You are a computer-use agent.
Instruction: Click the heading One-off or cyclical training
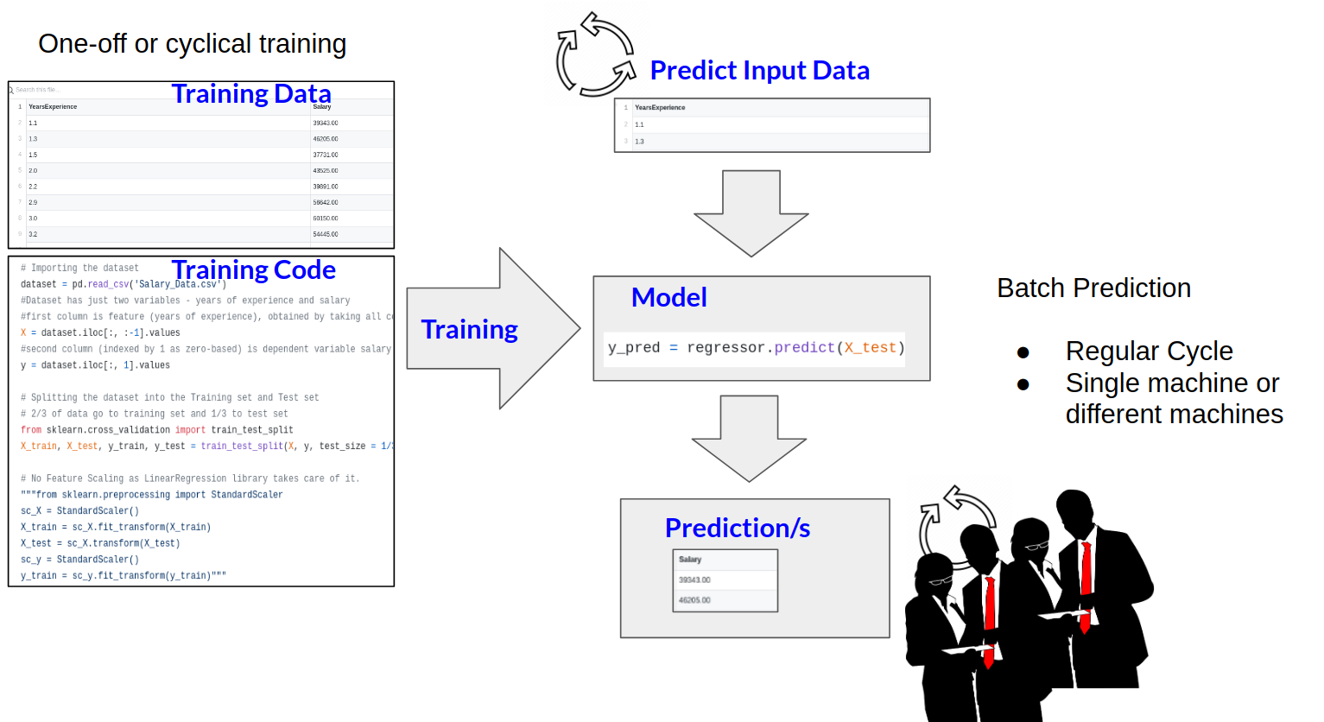click(192, 44)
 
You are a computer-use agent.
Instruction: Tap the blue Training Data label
click(250, 93)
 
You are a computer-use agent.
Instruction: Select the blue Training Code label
click(253, 270)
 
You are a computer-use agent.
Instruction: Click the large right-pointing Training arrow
click(492, 329)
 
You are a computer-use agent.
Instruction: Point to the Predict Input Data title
click(759, 71)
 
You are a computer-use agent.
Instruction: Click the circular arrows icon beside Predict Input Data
click(596, 54)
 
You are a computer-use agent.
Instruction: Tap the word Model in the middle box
click(668, 297)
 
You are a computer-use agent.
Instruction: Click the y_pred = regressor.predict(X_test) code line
click(756, 348)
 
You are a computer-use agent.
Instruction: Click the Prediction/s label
click(737, 528)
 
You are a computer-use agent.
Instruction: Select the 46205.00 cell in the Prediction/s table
click(694, 600)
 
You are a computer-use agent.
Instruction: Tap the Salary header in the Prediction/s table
click(690, 560)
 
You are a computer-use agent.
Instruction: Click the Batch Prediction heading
click(1093, 288)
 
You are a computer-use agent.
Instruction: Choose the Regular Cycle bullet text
click(1149, 351)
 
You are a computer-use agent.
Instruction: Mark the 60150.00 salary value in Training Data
click(326, 218)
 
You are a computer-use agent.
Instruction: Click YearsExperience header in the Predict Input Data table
click(660, 108)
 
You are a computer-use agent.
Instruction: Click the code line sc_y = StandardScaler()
click(79, 560)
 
